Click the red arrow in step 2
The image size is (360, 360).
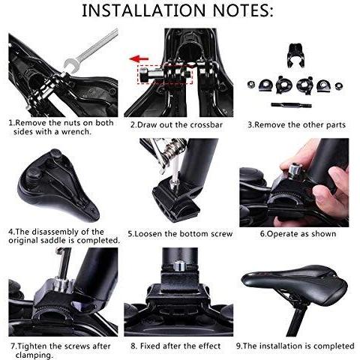tap(139, 59)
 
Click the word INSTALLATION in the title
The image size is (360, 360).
tap(144, 10)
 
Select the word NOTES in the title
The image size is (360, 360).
tap(243, 10)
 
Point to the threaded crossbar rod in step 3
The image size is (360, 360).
tap(291, 105)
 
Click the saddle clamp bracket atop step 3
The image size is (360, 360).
tap(296, 55)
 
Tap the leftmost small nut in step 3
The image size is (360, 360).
tap(250, 85)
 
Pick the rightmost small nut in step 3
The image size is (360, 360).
tap(339, 86)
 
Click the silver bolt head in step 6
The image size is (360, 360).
tap(295, 169)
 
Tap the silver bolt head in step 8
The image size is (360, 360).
tap(179, 265)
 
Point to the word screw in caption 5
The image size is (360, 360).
tap(221, 234)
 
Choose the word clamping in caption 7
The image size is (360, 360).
tap(34, 355)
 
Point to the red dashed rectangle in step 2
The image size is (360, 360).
tap(165, 74)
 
